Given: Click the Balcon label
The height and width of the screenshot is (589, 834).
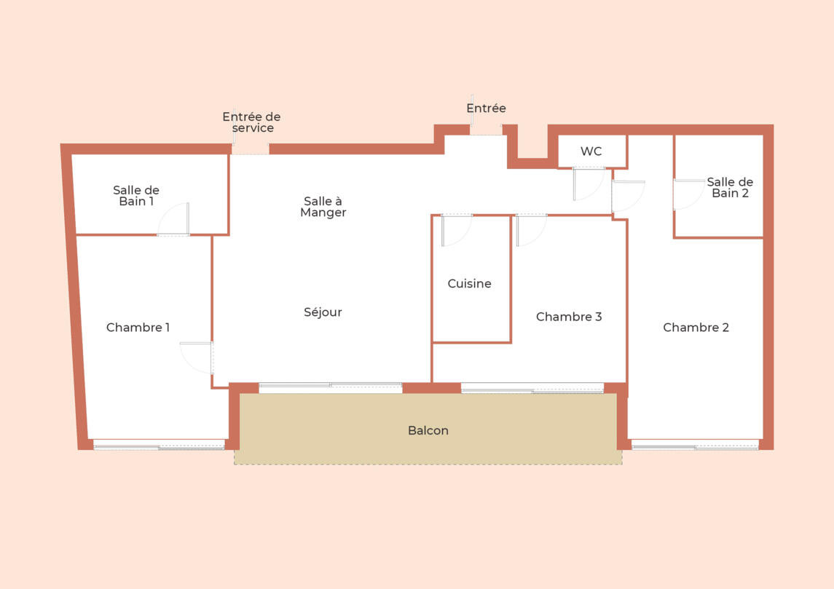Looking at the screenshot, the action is click(x=428, y=430).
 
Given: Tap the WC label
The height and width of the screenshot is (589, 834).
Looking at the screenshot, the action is click(x=591, y=151).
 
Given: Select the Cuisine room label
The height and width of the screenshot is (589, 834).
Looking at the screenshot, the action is click(x=469, y=283).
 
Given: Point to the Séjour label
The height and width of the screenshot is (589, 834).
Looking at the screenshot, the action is click(x=323, y=312).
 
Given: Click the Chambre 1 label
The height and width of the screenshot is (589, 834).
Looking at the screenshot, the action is click(x=138, y=327).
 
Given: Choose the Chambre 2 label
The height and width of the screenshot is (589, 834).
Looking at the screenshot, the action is click(x=696, y=327).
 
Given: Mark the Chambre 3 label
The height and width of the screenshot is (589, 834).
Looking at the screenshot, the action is click(x=569, y=316).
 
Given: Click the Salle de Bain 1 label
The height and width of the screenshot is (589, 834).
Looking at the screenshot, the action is click(x=136, y=196).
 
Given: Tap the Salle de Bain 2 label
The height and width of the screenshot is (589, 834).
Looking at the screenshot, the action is click(x=730, y=188).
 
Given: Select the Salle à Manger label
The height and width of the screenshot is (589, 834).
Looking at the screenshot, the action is click(x=323, y=207).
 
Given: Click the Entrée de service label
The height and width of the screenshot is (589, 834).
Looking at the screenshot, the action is click(x=251, y=122).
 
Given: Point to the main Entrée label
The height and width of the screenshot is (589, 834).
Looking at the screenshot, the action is click(x=486, y=108).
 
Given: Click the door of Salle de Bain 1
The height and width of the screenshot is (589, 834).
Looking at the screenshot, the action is click(x=173, y=218).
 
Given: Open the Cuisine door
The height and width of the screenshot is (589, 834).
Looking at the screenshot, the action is click(x=457, y=230).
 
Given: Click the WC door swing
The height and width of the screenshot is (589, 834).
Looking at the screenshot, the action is click(x=589, y=184).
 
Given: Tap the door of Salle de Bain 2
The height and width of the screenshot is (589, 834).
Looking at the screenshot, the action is click(x=689, y=194).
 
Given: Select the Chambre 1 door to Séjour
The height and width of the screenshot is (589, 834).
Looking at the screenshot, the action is click(x=197, y=357).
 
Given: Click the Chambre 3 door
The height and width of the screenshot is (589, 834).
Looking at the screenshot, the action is click(x=531, y=230).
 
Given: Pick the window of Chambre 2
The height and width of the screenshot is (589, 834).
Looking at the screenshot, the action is click(x=695, y=444).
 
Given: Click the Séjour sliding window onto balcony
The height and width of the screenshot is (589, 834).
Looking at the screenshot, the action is click(x=330, y=387).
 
